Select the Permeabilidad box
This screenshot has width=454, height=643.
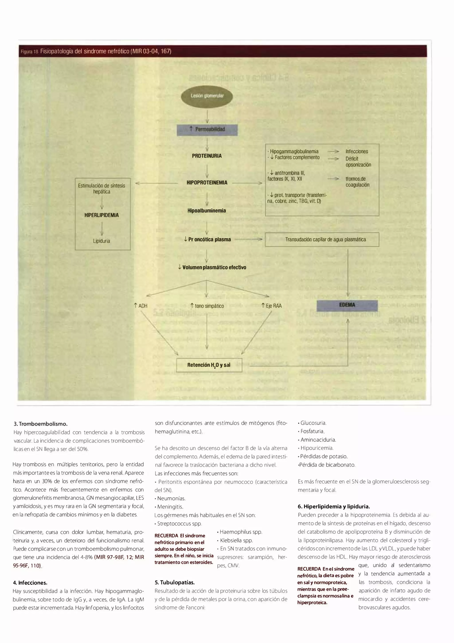coord(207,129)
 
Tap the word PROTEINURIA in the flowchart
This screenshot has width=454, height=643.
coord(207,156)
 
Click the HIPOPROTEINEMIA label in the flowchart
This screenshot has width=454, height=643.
coord(207,183)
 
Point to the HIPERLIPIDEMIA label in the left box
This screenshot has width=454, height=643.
coord(102,215)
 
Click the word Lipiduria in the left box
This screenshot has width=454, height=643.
coord(102,241)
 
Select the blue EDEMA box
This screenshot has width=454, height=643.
coord(347,305)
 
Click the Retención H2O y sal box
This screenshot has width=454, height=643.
coord(209,365)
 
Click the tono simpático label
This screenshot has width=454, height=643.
coord(207,306)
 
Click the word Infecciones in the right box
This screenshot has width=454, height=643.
coord(357,152)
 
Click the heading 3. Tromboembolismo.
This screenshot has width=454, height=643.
coord(40,424)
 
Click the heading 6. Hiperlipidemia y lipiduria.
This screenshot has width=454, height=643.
coord(333,506)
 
